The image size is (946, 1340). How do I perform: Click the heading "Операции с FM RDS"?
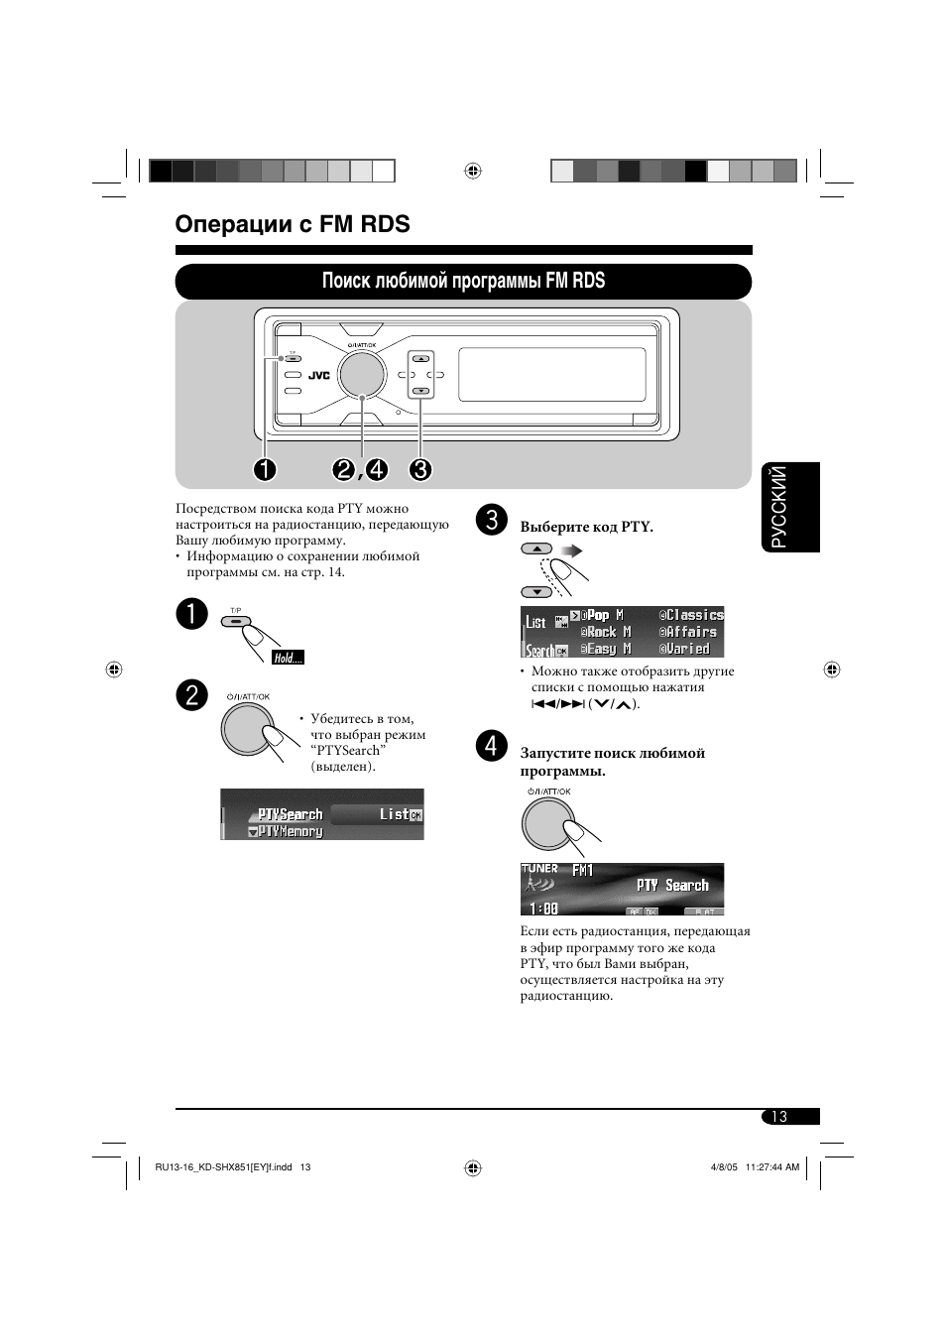coord(293,224)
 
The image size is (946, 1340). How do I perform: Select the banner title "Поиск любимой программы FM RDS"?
coord(463,281)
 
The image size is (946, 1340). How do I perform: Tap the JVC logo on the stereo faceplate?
coord(318,375)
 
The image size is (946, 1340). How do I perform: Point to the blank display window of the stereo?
coord(551,374)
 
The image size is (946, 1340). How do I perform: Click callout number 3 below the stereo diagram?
coord(420,469)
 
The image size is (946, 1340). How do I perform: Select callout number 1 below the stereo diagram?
coord(264,469)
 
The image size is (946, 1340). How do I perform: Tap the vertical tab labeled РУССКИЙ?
coord(791,507)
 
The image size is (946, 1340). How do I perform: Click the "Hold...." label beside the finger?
coord(288,658)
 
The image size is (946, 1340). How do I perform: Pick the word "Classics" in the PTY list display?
coord(694,615)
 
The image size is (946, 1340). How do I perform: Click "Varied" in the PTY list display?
coord(688,649)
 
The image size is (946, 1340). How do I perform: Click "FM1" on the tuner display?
coord(583,870)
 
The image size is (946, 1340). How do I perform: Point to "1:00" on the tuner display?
coord(543,908)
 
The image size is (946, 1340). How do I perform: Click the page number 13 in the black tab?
coord(779,1117)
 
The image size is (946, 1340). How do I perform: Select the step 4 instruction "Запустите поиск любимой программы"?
coord(612,762)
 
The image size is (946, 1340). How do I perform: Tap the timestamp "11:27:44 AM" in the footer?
coord(771,1167)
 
